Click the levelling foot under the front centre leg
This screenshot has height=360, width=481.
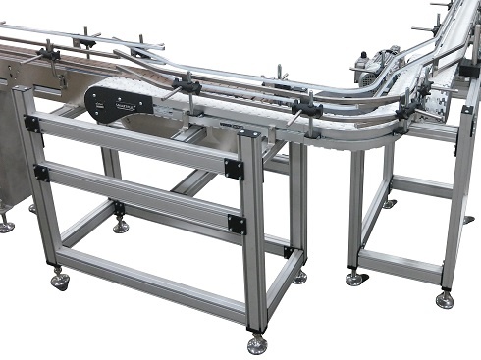[x=257, y=342]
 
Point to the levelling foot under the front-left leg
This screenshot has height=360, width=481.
[x=61, y=282]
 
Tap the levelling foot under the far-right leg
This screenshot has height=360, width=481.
[x=445, y=298]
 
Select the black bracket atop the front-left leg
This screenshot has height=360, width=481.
[x=32, y=125]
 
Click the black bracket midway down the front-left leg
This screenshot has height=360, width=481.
[x=41, y=173]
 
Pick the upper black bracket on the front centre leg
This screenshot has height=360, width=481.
[x=234, y=169]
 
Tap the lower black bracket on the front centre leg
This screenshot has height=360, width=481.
[x=236, y=224]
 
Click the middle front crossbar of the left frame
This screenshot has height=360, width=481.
[x=137, y=196]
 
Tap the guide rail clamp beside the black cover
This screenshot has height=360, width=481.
[x=187, y=87]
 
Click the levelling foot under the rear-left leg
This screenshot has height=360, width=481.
[x=120, y=226]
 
